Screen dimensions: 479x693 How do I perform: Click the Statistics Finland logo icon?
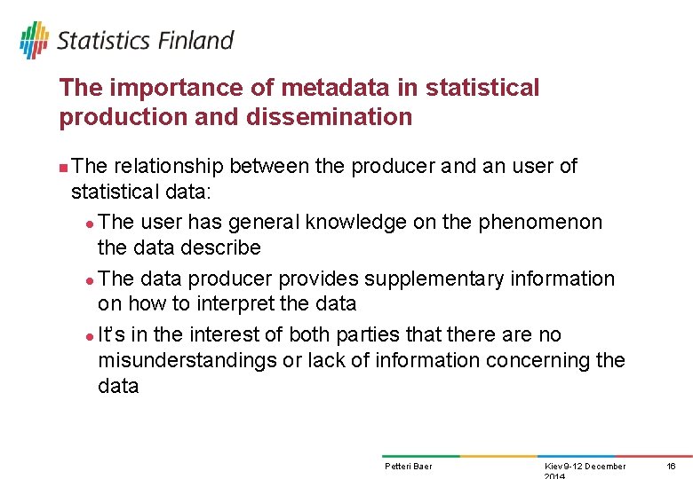coord(35,40)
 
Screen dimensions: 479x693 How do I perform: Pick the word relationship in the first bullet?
coord(169,166)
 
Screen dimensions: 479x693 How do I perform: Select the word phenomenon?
coord(540,222)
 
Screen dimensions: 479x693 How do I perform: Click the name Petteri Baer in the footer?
coord(408,467)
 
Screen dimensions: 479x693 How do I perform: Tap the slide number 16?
coord(671,467)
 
